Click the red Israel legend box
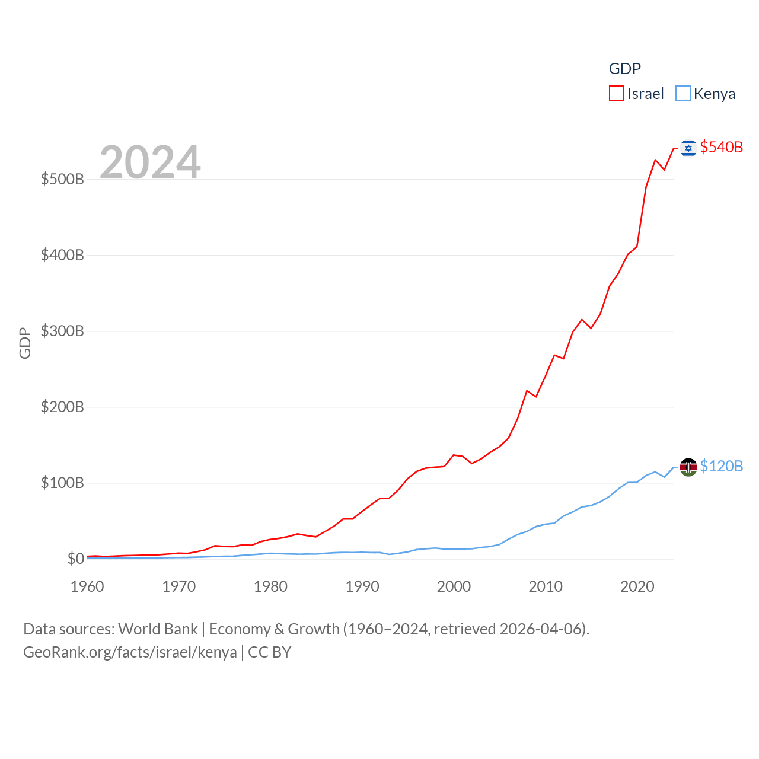tap(617, 94)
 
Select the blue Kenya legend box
tap(683, 94)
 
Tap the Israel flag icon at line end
tap(688, 148)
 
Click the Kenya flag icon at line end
tap(688, 467)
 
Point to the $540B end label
tap(721, 147)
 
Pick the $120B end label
tap(721, 466)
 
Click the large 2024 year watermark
tap(150, 162)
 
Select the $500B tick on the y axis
tap(62, 179)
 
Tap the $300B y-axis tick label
tap(62, 331)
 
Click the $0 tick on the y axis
tap(76, 559)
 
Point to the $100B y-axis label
tap(62, 483)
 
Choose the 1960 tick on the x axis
tap(87, 586)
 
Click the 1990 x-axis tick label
tap(362, 586)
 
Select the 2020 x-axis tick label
tap(637, 586)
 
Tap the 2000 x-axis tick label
tap(454, 586)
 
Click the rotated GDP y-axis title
tap(25, 343)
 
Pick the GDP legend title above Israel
tap(625, 69)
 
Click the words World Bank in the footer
tap(158, 629)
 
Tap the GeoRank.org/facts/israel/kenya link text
tap(130, 652)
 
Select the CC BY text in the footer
tap(270, 652)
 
